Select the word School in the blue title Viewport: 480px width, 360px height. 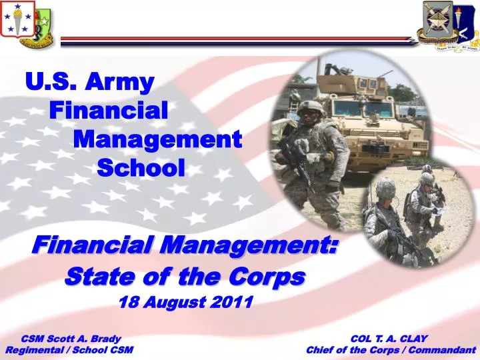[x=141, y=167]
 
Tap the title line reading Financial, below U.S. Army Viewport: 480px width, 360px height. [x=109, y=110]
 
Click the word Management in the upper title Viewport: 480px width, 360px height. [x=157, y=139]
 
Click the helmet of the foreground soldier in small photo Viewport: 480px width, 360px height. [x=385, y=187]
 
